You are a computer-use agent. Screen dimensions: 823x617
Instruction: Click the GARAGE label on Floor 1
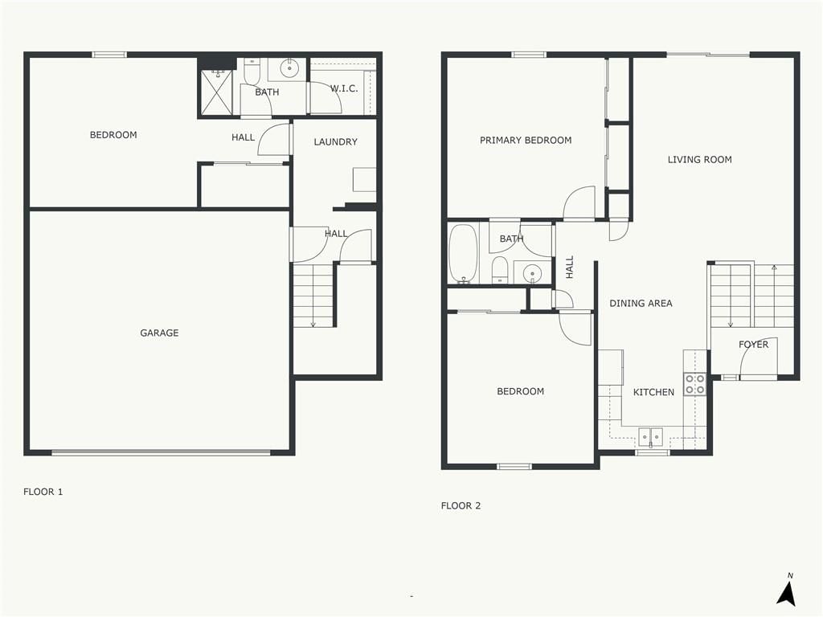point(159,333)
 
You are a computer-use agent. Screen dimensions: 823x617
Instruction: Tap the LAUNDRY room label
point(335,141)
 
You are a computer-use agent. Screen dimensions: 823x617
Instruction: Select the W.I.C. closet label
point(344,88)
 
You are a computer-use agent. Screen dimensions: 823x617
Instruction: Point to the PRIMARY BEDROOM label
point(526,140)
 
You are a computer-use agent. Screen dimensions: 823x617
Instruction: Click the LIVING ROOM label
point(700,160)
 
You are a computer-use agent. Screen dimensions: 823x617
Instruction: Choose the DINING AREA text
point(641,303)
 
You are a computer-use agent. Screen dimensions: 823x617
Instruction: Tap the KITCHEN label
point(653,392)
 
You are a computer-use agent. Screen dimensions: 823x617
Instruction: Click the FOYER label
point(753,344)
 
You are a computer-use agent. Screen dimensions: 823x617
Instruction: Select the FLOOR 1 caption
point(43,492)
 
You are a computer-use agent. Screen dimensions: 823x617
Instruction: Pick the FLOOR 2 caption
point(461,506)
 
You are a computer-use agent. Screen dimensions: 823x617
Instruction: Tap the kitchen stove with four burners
point(694,385)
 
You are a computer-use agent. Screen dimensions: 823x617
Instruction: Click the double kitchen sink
point(651,436)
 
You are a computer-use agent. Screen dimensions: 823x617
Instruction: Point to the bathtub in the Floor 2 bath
point(464,254)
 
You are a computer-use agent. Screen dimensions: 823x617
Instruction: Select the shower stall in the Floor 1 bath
point(216,92)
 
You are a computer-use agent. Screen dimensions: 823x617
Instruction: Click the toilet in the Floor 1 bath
point(252,71)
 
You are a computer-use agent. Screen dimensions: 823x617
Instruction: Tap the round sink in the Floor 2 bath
point(533,273)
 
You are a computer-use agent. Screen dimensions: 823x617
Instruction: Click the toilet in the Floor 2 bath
point(500,270)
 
